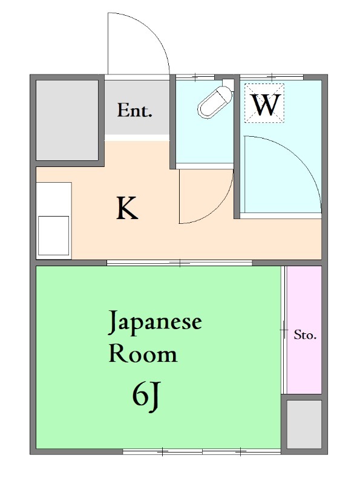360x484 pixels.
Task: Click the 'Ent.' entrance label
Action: point(134,110)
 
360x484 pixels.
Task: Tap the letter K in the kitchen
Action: point(127,208)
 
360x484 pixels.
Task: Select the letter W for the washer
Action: point(266,105)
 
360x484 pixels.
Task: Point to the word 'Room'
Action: point(143,354)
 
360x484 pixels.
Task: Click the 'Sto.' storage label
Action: point(305,335)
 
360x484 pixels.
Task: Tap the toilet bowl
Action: point(215,102)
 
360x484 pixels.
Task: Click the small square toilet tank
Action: point(229,83)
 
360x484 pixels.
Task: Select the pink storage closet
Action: point(304,330)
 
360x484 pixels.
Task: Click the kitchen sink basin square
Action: point(53,235)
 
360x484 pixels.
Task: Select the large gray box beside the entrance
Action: point(67,120)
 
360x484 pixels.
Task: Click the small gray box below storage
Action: point(304,424)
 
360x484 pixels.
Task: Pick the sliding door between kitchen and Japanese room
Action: point(180,263)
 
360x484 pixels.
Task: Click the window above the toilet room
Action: point(195,77)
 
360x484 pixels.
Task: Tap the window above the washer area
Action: point(272,77)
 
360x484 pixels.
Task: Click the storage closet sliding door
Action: point(284,330)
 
